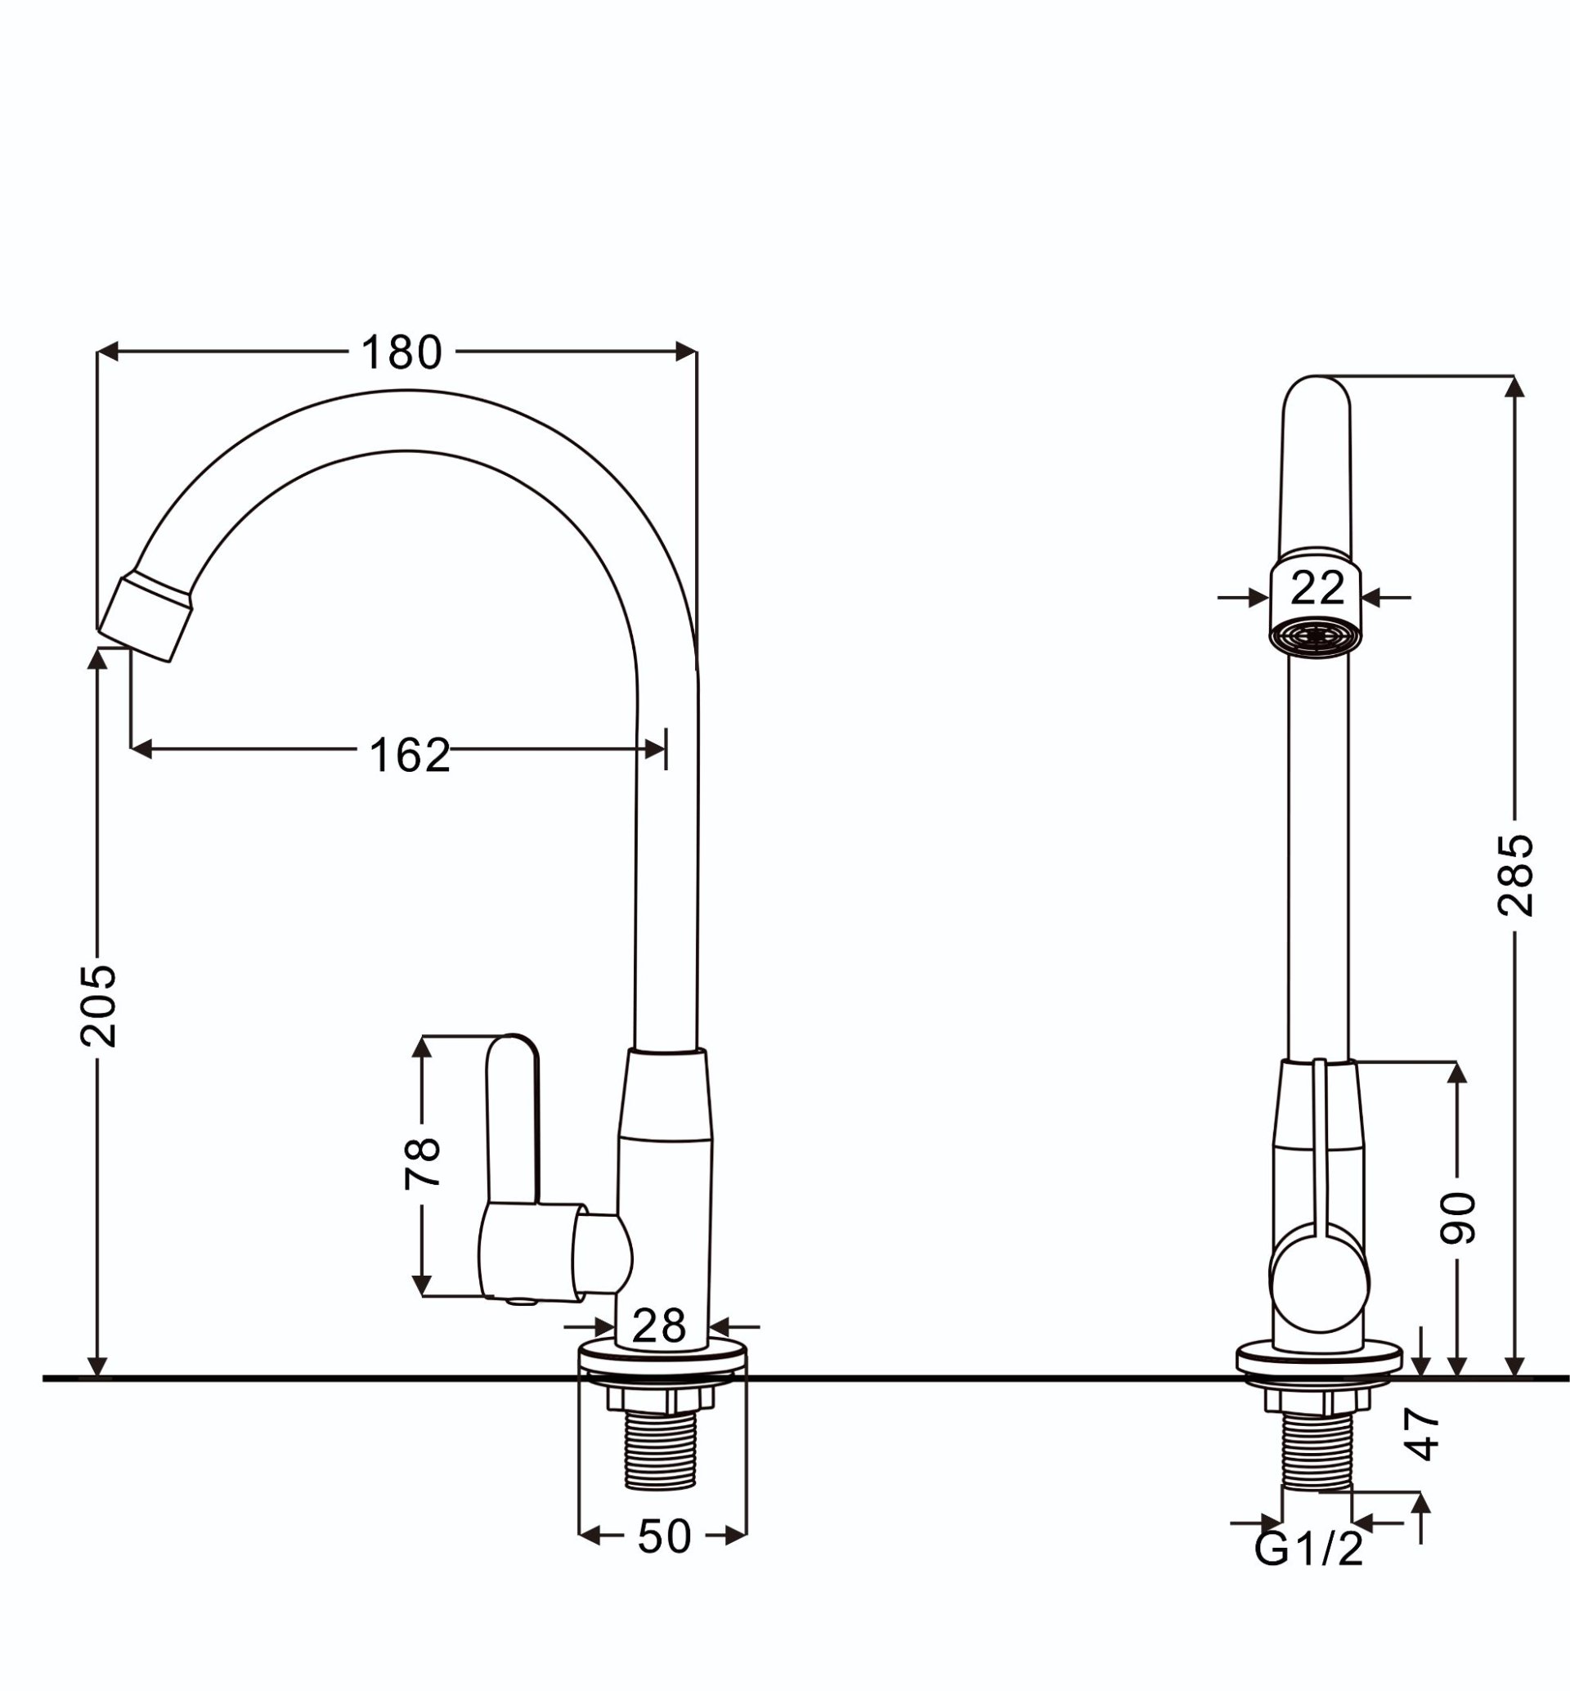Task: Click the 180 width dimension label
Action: [x=401, y=352]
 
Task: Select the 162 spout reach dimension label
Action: [x=410, y=755]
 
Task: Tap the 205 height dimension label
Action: [x=97, y=1005]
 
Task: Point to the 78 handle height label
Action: [x=422, y=1162]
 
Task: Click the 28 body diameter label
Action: [x=659, y=1325]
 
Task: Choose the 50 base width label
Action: [x=664, y=1536]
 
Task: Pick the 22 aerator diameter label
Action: [x=1317, y=587]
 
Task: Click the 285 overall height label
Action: [x=1514, y=875]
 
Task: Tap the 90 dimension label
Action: [x=1458, y=1218]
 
